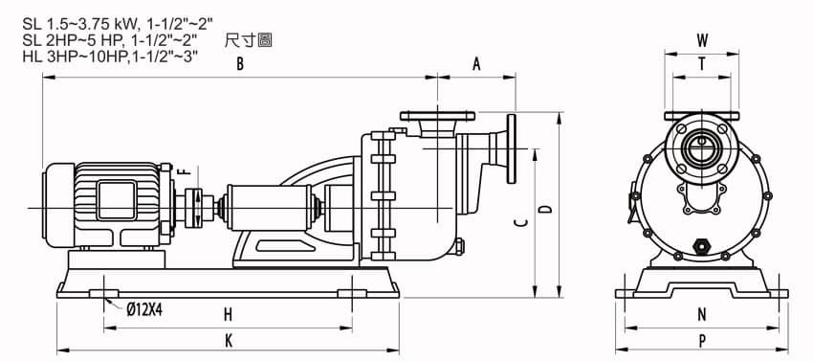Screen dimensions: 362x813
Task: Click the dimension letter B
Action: (x=241, y=64)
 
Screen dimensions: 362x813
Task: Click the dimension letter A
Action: (x=475, y=64)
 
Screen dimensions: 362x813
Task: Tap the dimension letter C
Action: (x=519, y=222)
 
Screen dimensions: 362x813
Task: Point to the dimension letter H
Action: (x=228, y=314)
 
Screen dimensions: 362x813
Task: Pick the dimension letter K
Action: (x=228, y=340)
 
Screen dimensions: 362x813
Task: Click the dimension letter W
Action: (x=703, y=40)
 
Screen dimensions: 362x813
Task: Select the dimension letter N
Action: (x=701, y=314)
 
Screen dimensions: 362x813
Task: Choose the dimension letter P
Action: (x=701, y=340)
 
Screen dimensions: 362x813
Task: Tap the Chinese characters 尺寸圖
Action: (x=246, y=41)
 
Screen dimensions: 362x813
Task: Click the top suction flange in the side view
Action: (x=437, y=116)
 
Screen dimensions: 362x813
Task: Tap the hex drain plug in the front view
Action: (x=703, y=246)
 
